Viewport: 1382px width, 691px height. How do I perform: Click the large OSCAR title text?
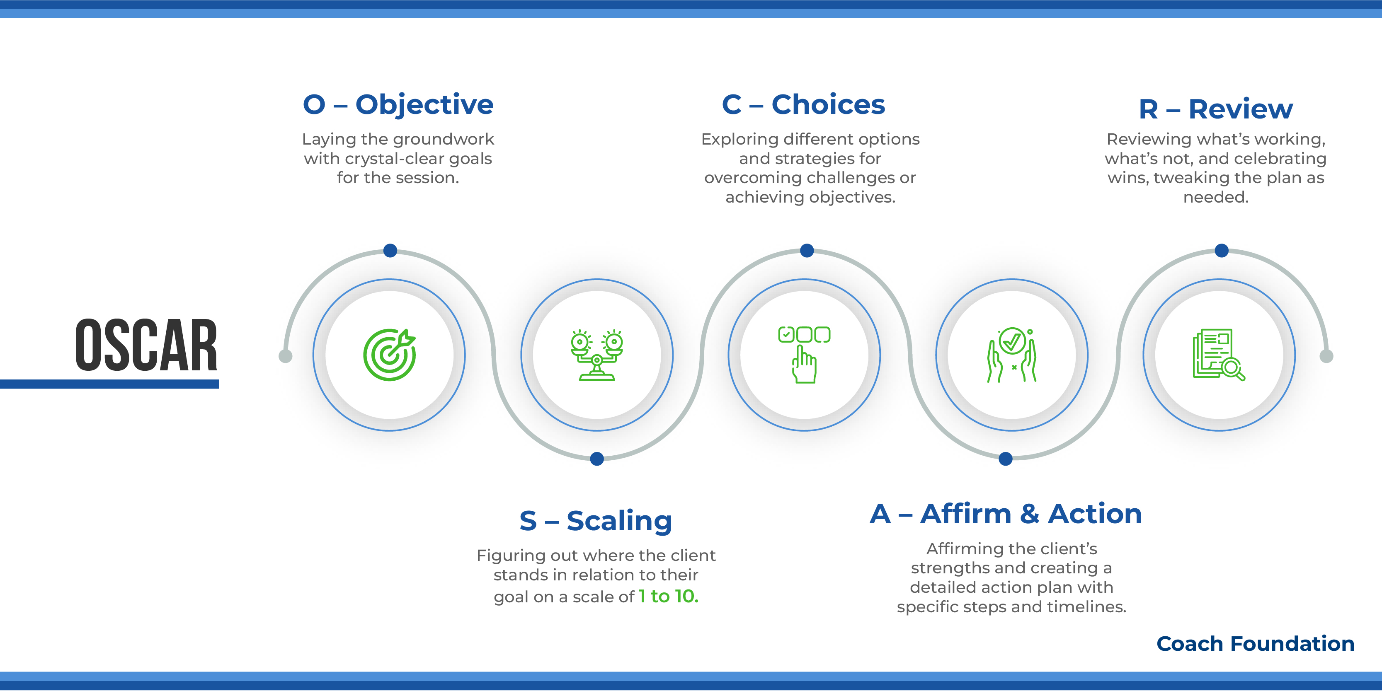point(146,345)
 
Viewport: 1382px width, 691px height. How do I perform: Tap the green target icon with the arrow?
point(390,354)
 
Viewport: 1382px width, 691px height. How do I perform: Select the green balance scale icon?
point(596,354)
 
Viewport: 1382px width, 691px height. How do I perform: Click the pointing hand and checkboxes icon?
point(804,354)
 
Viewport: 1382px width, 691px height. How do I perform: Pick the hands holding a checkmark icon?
point(1012,354)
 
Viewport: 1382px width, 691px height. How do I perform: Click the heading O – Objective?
point(398,104)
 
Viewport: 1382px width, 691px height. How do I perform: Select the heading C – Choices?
point(803,104)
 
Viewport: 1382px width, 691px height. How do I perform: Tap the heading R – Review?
point(1216,109)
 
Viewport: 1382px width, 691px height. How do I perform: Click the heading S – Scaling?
point(596,520)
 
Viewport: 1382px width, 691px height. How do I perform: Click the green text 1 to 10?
point(669,596)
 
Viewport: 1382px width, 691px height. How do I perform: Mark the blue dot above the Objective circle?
point(390,250)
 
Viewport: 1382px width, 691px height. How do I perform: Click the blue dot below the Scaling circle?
point(596,459)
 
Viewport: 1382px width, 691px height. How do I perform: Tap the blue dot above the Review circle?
point(1222,250)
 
